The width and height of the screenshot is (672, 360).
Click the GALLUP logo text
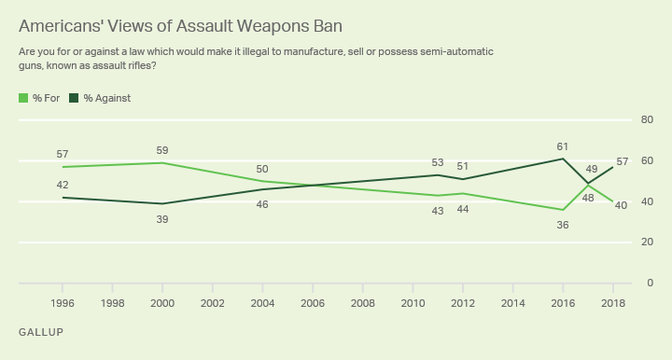(41, 331)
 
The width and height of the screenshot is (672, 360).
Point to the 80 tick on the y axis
(646, 119)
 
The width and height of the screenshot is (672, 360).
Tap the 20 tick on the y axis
(646, 242)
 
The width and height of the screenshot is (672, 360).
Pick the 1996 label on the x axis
(63, 304)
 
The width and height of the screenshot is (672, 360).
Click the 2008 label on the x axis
(362, 304)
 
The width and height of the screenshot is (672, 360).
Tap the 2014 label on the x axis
(512, 304)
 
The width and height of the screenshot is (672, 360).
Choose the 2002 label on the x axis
(213, 304)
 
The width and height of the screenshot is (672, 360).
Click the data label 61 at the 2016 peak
(562, 145)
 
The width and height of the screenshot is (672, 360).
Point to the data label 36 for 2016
(562, 225)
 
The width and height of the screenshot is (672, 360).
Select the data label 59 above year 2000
(162, 150)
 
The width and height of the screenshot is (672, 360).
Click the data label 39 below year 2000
(162, 219)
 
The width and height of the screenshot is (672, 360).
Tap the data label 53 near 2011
(437, 162)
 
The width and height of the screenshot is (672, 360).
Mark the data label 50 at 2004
(262, 169)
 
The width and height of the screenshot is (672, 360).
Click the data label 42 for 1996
(63, 185)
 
